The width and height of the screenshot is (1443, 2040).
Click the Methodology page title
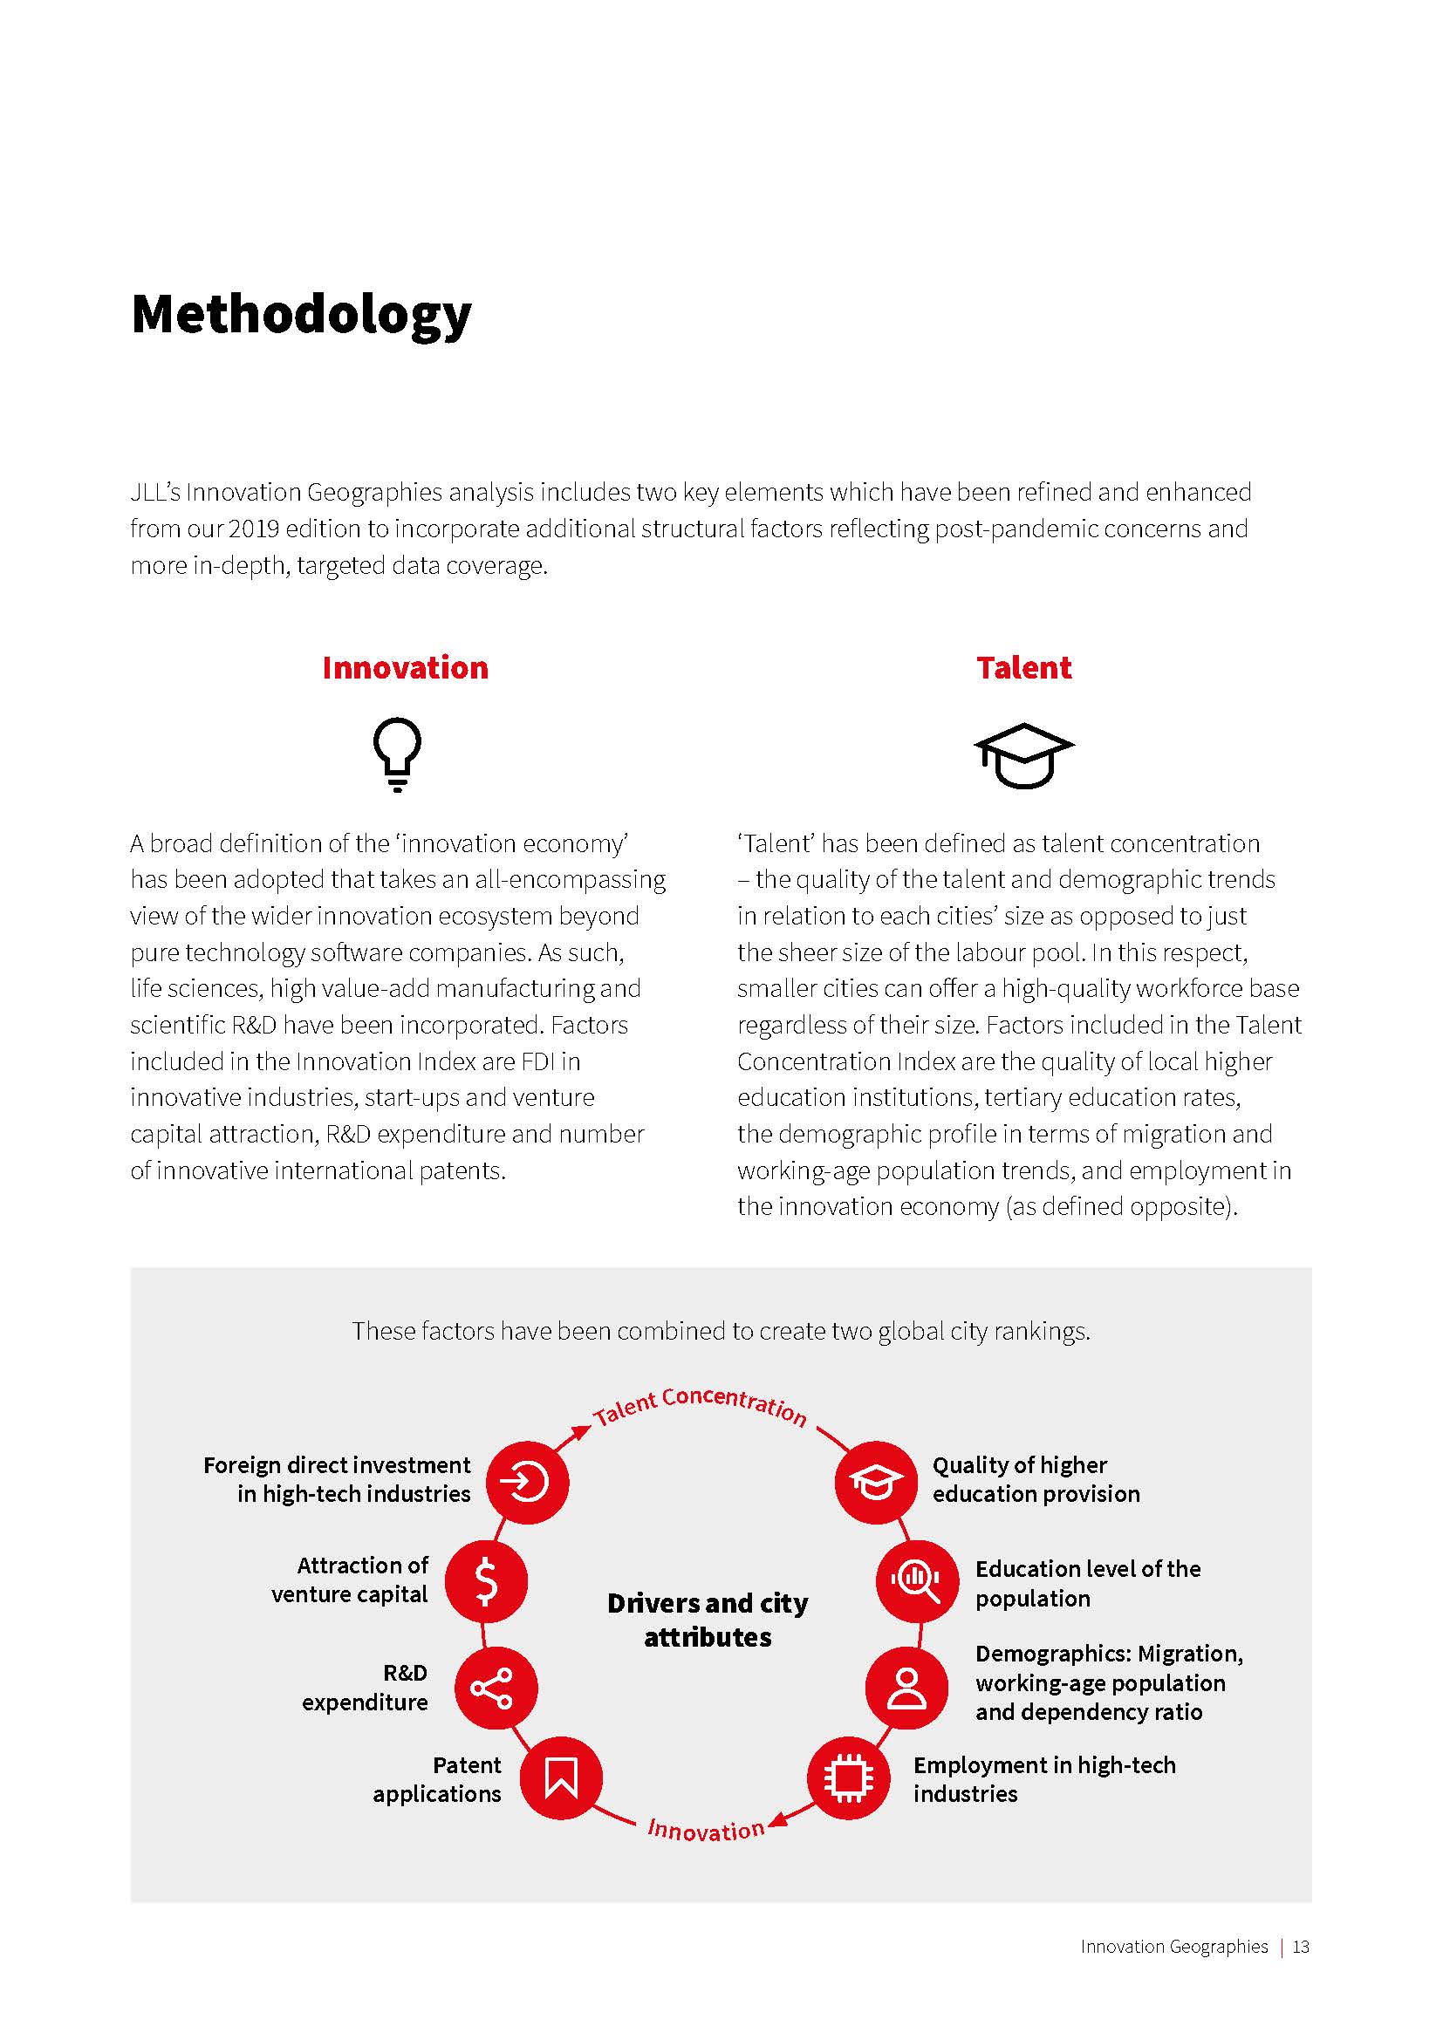click(x=300, y=315)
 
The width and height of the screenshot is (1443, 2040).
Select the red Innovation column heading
click(x=405, y=667)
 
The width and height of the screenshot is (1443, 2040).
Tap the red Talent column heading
click(x=1023, y=667)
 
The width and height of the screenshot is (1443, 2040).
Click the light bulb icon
click(x=397, y=754)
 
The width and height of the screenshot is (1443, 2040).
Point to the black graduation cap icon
click(x=1023, y=755)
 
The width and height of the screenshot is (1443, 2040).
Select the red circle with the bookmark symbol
click(x=561, y=1777)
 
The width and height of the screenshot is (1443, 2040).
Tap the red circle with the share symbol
click(x=496, y=1688)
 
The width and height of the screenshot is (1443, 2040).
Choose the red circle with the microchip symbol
click(x=849, y=1777)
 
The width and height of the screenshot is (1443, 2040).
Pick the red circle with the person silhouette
click(x=906, y=1688)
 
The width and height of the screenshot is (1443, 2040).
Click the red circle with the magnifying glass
click(x=917, y=1580)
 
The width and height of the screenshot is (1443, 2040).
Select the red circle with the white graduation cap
click(x=875, y=1482)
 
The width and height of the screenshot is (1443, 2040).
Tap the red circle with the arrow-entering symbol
click(x=527, y=1482)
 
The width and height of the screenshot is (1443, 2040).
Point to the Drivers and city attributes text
click(x=708, y=1619)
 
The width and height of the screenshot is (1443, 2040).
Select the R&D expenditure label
click(x=366, y=1688)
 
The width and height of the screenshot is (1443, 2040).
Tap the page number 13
click(x=1301, y=1947)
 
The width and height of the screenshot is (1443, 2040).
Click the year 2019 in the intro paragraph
click(x=252, y=529)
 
